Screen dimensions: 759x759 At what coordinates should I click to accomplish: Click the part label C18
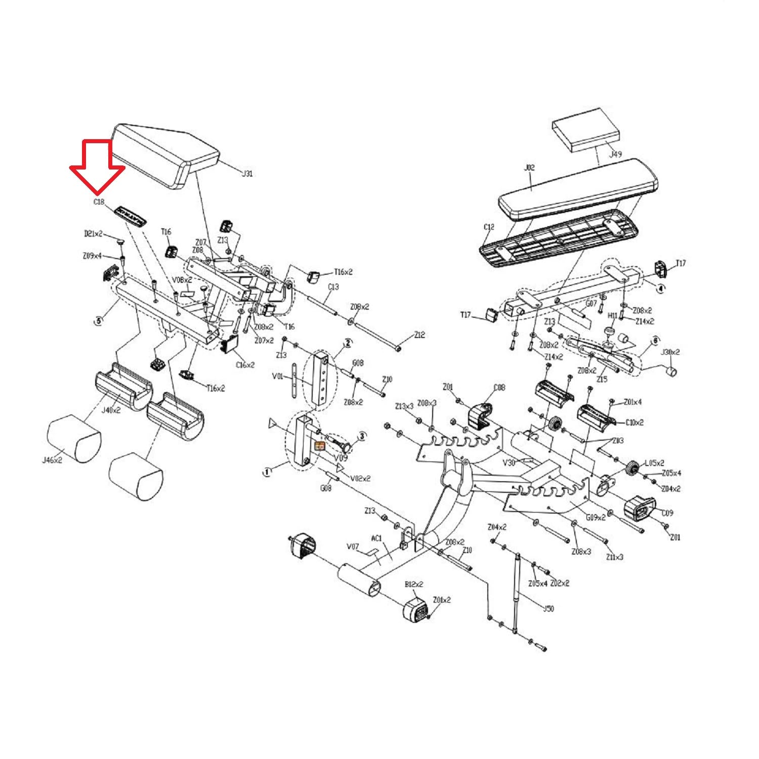[99, 202]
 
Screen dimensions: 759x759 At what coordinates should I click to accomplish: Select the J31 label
[246, 174]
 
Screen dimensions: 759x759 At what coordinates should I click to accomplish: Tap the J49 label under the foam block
[615, 154]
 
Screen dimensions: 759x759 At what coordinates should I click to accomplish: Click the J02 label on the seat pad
[529, 167]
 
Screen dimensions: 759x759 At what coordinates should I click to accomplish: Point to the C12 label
[489, 227]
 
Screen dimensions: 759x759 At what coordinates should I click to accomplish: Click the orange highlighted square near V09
[320, 446]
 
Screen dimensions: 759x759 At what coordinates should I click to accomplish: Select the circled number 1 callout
[267, 472]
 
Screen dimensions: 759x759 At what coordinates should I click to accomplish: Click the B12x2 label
[414, 584]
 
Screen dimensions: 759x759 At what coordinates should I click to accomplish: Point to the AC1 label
[377, 538]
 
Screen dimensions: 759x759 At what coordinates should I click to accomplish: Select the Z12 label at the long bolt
[419, 335]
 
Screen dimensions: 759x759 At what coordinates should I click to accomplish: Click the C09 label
[667, 513]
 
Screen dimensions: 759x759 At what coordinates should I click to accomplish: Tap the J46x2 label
[52, 460]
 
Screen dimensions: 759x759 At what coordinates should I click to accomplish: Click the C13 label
[333, 286]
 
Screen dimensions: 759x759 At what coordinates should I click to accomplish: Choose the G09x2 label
[596, 518]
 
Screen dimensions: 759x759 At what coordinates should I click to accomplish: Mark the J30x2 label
[671, 352]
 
